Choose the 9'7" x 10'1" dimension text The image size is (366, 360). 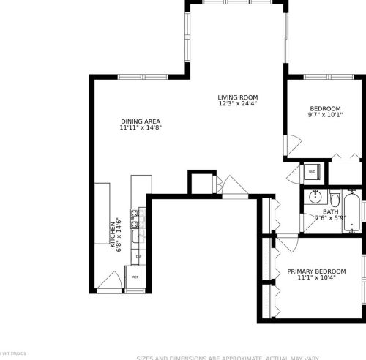tap(324, 114)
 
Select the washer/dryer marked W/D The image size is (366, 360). tap(311, 173)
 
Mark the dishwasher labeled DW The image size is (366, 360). tap(138, 256)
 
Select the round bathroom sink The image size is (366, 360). tap(315, 197)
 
